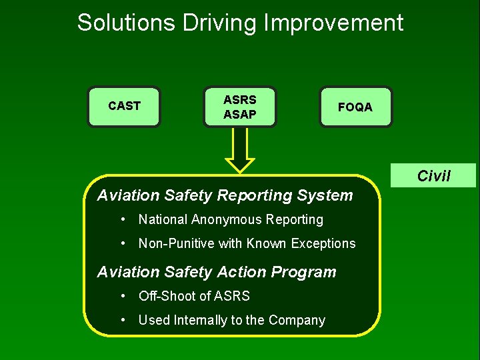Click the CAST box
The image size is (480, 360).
124,106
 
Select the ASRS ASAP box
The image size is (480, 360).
239,107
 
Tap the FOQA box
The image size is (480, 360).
355,107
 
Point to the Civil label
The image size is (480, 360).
433,176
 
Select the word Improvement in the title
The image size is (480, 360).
333,23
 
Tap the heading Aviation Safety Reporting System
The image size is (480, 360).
225,195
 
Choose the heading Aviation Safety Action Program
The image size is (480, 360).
217,272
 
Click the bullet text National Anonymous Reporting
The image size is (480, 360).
230,219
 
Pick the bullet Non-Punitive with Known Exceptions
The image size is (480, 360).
247,243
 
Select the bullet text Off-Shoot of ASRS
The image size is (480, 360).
194,296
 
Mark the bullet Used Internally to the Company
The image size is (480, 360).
231,320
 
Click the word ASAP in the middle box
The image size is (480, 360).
239,115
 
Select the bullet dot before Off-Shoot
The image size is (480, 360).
124,296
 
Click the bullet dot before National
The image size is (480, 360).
124,219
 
